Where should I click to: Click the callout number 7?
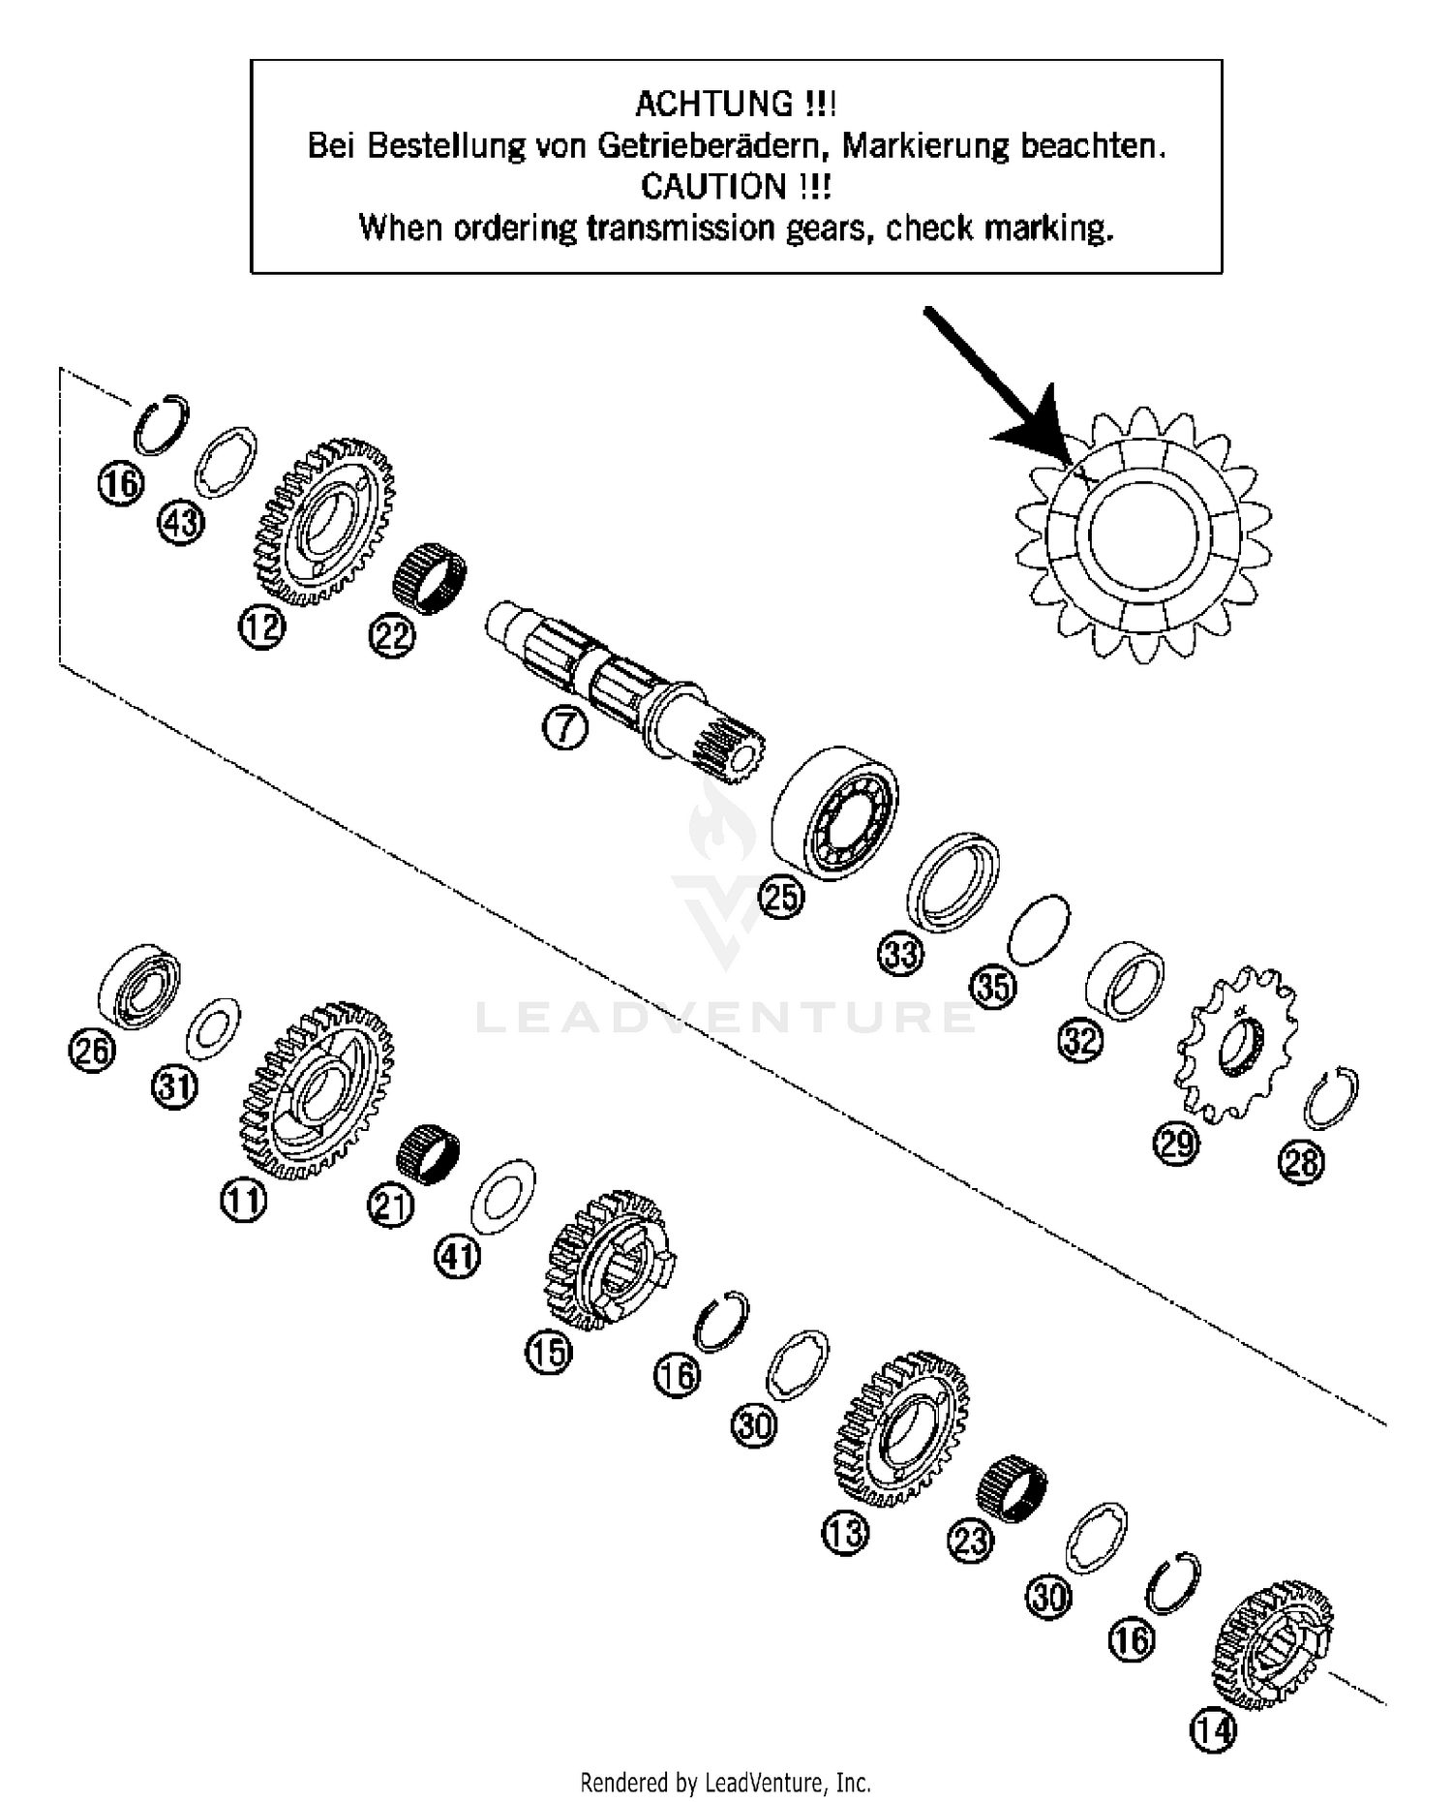[565, 728]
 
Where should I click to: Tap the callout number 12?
[262, 627]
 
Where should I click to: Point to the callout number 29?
[1175, 1145]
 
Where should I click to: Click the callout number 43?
[181, 523]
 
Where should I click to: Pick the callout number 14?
[1213, 1729]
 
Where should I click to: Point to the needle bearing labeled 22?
[428, 577]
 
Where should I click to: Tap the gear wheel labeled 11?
[316, 1090]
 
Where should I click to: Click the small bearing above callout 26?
[140, 984]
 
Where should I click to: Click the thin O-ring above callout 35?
[1039, 929]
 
